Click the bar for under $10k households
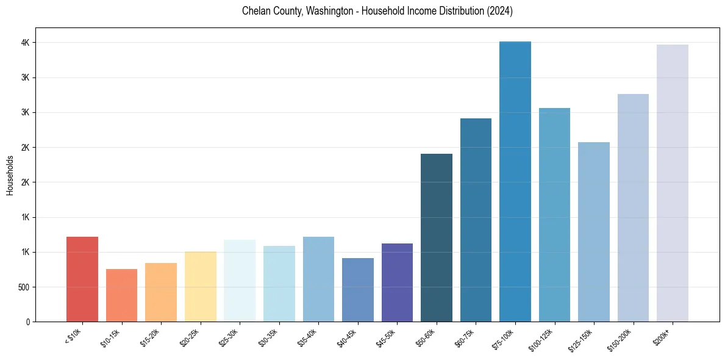click(x=82, y=279)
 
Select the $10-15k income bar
click(x=121, y=295)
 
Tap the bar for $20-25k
click(x=200, y=286)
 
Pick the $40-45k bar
click(x=357, y=290)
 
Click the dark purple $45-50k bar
click(x=397, y=283)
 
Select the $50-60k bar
click(x=437, y=238)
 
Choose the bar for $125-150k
click(x=594, y=232)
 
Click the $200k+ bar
click(x=673, y=183)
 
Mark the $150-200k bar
click(x=633, y=207)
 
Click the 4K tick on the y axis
click(x=26, y=43)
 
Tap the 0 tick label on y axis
click(x=28, y=322)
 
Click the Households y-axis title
click(x=10, y=175)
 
